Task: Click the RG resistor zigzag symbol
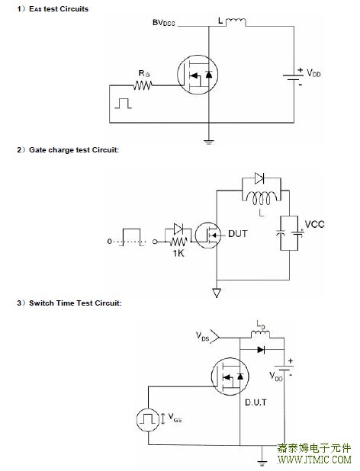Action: coord(143,85)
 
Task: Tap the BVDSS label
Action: coord(164,23)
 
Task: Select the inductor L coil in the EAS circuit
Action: coord(236,22)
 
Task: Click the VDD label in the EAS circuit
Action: coord(313,73)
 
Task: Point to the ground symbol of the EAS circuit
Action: coord(208,142)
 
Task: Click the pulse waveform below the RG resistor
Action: coord(124,103)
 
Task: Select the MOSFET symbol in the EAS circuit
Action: coord(198,75)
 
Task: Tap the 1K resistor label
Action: coord(178,253)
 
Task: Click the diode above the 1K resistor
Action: coord(178,229)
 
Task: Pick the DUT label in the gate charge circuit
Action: coord(238,233)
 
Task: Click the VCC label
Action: coord(315,224)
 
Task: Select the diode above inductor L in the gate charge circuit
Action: coord(259,178)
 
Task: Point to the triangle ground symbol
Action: coord(217,293)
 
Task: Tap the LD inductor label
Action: coord(261,325)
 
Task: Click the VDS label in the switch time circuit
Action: coord(203,336)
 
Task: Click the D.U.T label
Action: coord(256,402)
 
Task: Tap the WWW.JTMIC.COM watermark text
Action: coord(314,460)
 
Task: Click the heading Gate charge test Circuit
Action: coord(74,150)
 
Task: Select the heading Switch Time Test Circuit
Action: coord(75,303)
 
